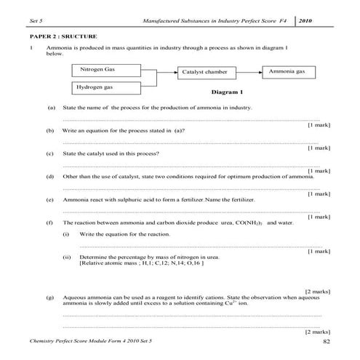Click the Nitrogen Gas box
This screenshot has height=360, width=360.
coord(106,70)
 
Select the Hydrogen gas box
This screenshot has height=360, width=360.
coord(106,88)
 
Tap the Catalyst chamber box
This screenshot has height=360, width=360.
coord(209,73)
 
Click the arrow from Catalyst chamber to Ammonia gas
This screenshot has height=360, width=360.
coord(250,72)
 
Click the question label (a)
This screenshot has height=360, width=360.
coord(51,108)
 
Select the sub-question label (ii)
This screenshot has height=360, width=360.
coord(67,257)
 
